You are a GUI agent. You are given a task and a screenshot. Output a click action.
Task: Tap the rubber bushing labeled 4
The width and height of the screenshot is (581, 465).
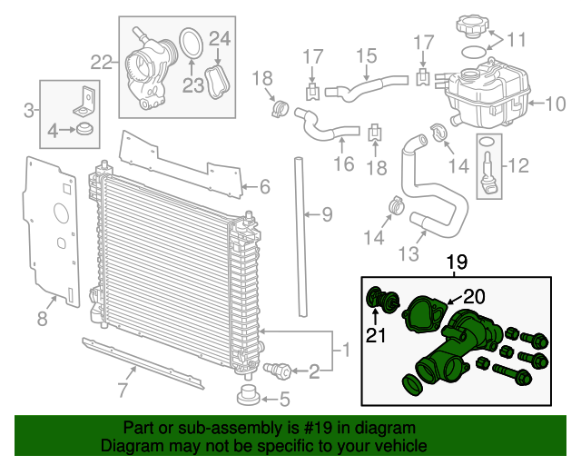point(85,131)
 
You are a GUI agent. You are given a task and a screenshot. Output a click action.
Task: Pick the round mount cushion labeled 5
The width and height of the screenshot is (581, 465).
point(247,396)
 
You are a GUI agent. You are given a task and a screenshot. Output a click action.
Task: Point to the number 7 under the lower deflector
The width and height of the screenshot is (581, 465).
point(122,391)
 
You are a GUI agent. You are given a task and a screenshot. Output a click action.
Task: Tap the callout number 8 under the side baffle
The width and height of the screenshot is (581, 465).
point(42,318)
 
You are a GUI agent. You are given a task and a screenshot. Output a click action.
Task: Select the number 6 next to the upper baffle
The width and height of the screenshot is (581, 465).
point(264,188)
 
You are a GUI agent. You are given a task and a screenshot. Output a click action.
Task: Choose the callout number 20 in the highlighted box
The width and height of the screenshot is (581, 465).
point(475,296)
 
